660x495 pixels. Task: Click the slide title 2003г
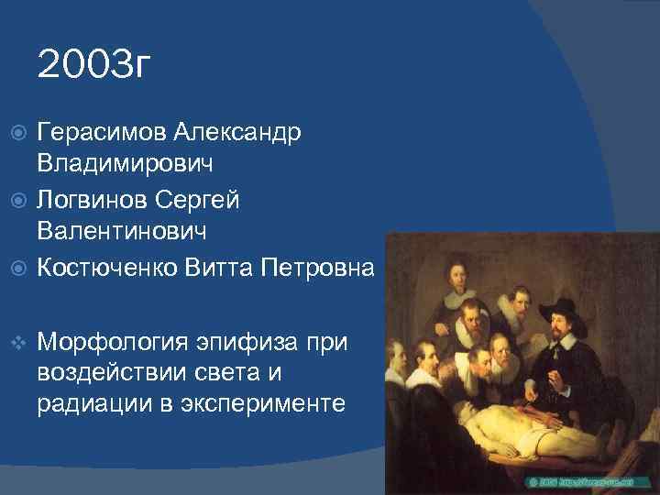[x=92, y=66]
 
